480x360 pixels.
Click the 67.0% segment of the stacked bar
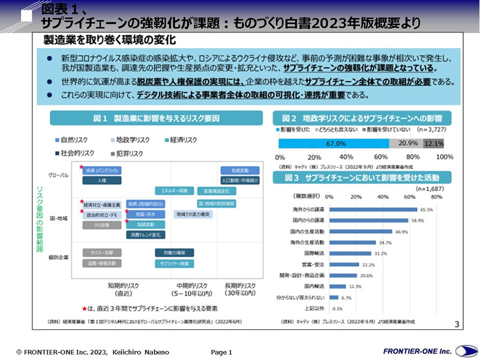(x=334, y=143)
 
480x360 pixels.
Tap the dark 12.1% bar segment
(x=434, y=143)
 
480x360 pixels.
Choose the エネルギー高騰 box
(x=173, y=191)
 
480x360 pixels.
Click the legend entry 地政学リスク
(x=133, y=140)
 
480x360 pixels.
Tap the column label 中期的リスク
(x=191, y=285)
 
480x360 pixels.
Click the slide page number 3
(x=457, y=325)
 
